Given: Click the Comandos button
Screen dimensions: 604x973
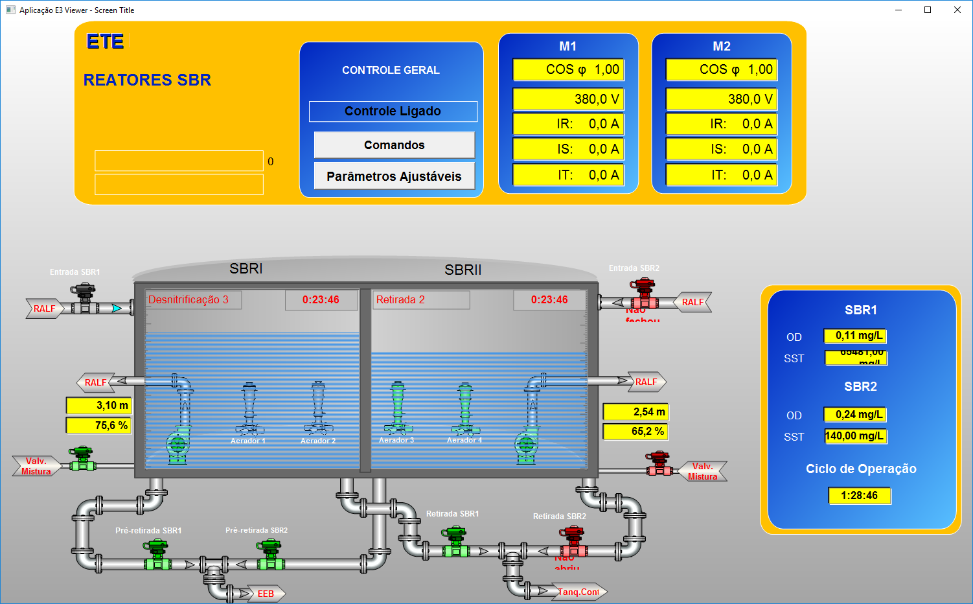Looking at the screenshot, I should (394, 145).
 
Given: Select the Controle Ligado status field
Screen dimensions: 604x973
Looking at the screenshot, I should (393, 111).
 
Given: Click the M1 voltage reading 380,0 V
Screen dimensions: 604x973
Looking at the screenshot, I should (568, 99).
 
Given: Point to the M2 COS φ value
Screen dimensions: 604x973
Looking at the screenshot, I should (721, 69).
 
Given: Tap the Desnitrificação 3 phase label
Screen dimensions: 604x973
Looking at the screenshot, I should (194, 300).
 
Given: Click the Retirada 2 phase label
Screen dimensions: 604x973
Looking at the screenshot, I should (422, 300).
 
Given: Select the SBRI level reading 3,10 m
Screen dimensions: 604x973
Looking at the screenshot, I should (98, 406).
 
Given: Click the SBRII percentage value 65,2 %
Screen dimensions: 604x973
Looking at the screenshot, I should (635, 432).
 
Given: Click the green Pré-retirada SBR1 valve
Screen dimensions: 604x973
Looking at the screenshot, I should (157, 555).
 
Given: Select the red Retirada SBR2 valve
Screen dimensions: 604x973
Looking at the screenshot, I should (573, 542).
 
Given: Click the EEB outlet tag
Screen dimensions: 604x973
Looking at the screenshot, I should (266, 594).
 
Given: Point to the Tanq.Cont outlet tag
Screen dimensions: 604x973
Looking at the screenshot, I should (578, 592).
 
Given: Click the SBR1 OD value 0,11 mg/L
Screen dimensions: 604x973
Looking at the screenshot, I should (855, 336).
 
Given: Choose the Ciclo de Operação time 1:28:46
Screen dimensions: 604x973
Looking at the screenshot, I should (859, 496).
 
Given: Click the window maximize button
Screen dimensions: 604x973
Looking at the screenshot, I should (928, 10).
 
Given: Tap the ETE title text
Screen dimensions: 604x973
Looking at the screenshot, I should (105, 42).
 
